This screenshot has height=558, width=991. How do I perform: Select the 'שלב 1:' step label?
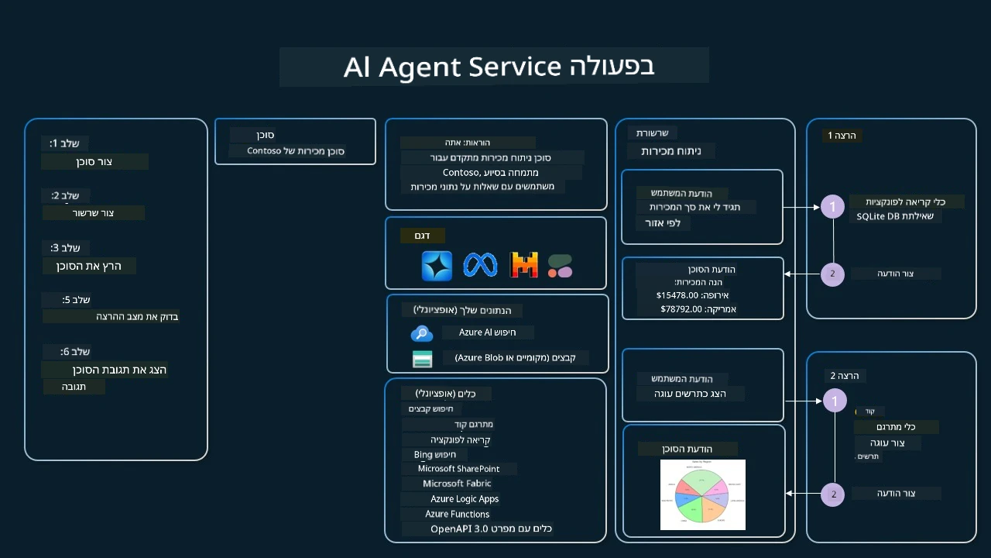(65, 143)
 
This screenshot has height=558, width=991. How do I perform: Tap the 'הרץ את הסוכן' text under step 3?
(89, 266)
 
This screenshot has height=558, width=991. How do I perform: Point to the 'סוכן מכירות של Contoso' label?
(296, 151)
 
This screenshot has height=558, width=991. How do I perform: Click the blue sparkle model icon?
(437, 266)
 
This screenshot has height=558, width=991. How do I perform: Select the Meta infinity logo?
(480, 266)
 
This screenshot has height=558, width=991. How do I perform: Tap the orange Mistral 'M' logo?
(524, 266)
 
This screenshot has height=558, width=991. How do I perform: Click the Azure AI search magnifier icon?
(421, 333)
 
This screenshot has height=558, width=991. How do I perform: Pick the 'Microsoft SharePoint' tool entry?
(458, 469)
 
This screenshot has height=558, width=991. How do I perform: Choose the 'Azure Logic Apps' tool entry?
(465, 499)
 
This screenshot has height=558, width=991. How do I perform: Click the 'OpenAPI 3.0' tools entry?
(491, 529)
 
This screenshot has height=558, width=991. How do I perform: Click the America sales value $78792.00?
(681, 309)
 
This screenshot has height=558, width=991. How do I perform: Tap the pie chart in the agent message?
(702, 494)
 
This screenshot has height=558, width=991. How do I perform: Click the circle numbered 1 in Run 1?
(832, 207)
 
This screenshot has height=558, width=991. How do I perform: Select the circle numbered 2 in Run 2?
(833, 494)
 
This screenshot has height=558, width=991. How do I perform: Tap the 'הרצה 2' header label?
(844, 376)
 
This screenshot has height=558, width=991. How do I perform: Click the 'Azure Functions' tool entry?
(457, 515)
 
